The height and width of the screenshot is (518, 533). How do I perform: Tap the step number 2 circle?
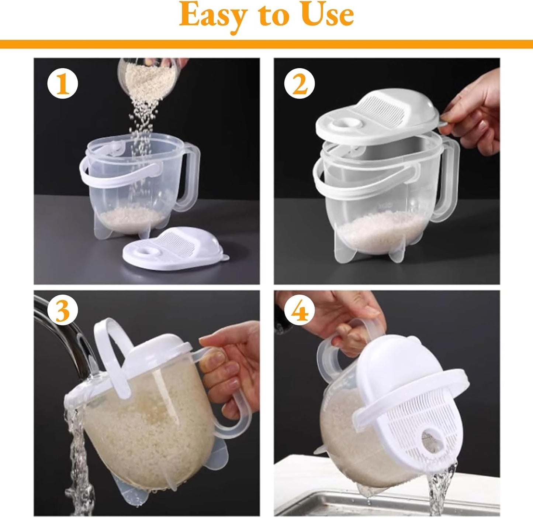point(300,85)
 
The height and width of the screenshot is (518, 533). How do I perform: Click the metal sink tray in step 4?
point(332,491)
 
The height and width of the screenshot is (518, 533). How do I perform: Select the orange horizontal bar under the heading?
point(266,44)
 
